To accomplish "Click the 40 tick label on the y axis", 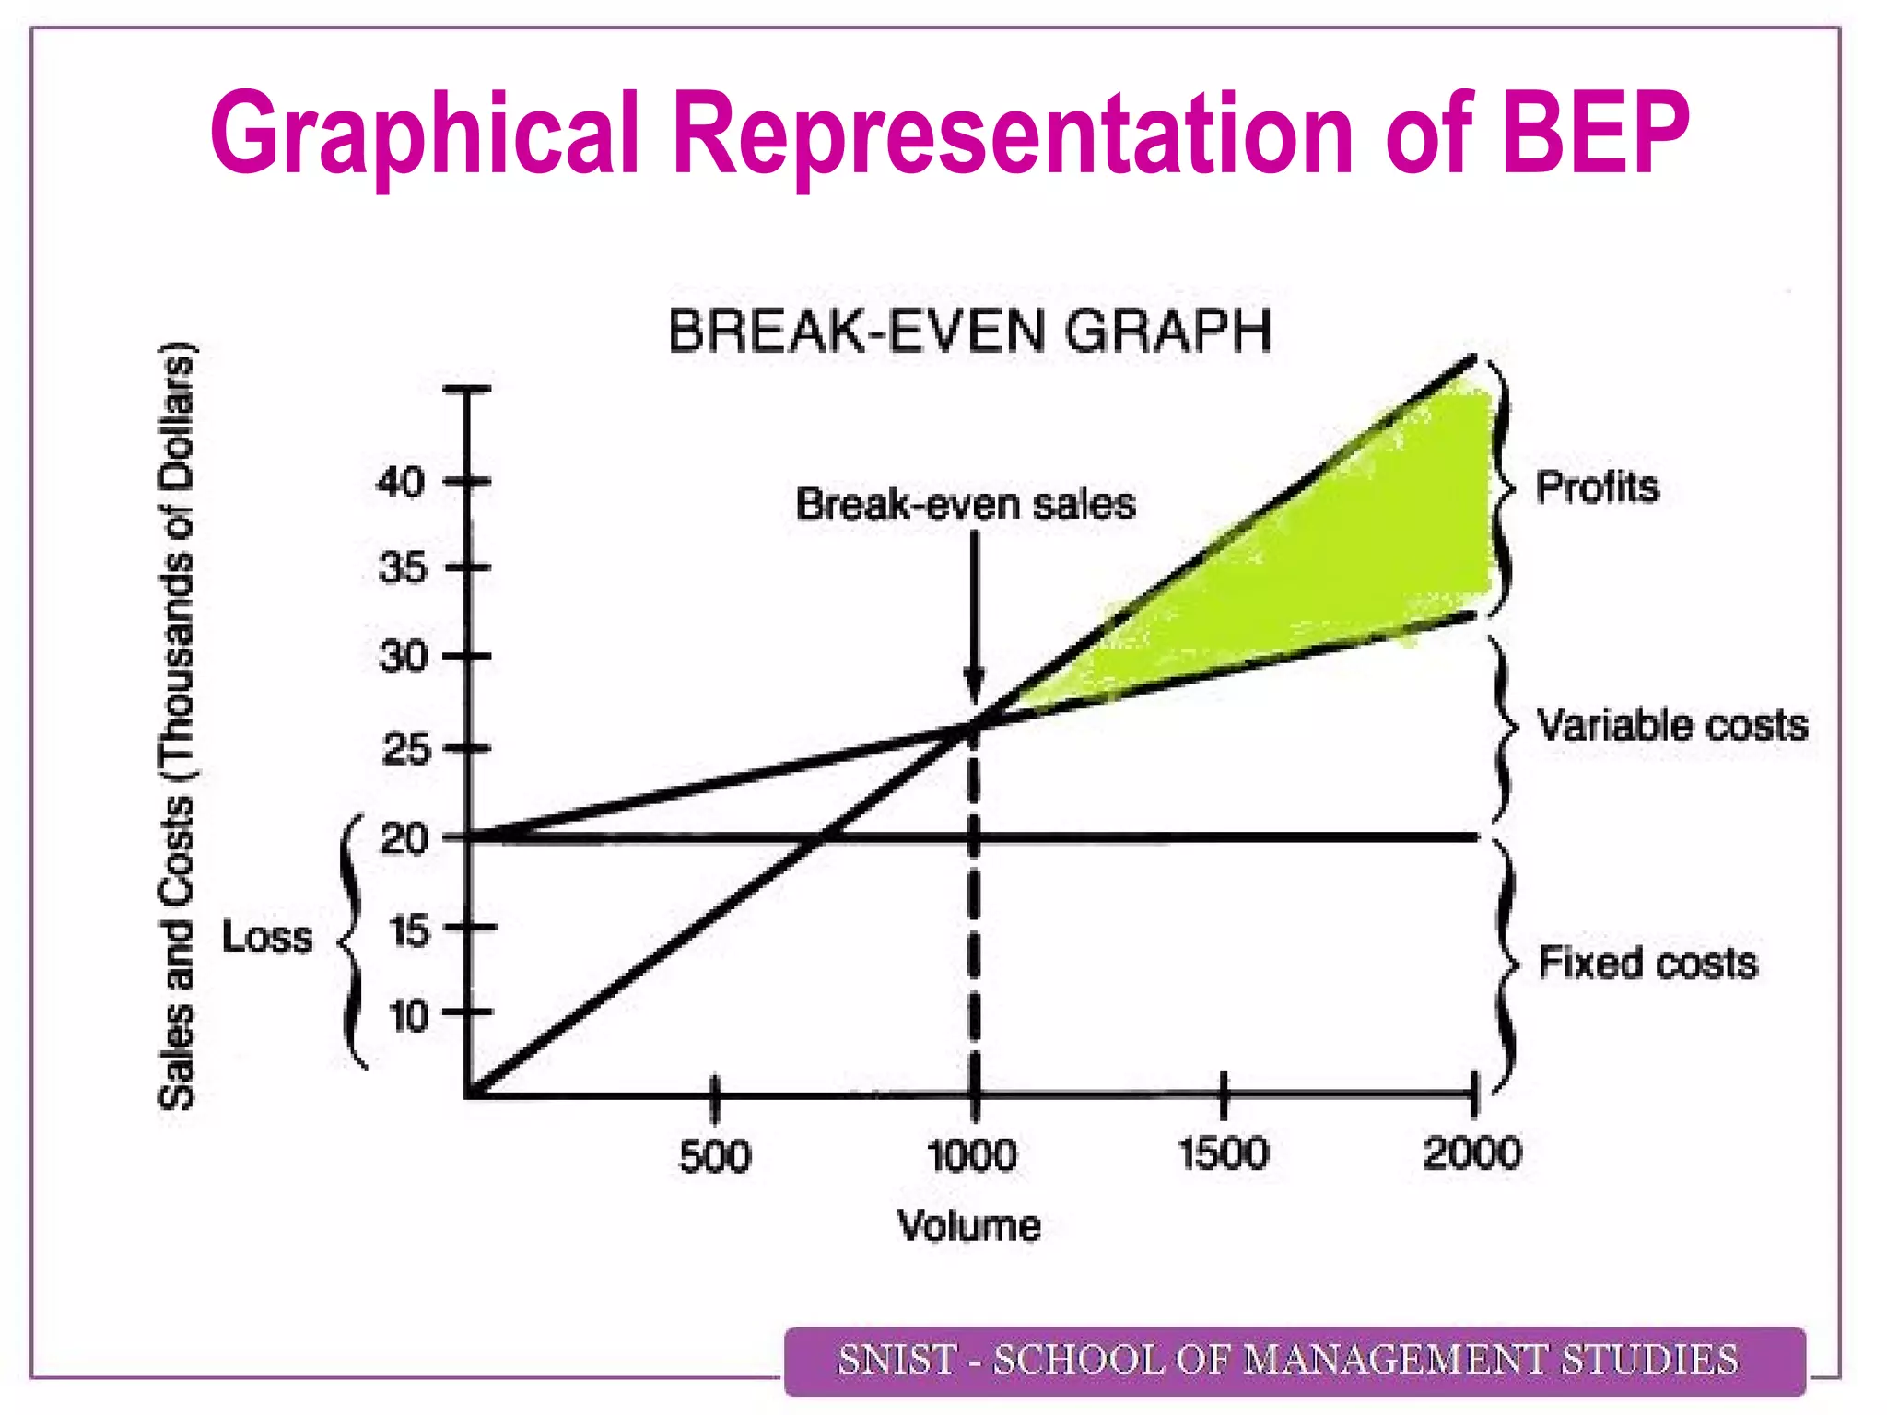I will [x=400, y=482].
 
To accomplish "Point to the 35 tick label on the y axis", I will [x=403, y=567].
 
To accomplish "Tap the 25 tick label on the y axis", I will [x=405, y=750].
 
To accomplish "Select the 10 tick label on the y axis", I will [x=408, y=1017].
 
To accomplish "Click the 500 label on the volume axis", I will [x=715, y=1156].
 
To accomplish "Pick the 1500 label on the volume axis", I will [x=1224, y=1154].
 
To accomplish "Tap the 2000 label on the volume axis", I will [x=1471, y=1153].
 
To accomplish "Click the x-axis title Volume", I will [x=969, y=1226].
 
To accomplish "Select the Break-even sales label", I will [x=966, y=505].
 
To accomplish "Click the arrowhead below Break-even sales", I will [x=974, y=685].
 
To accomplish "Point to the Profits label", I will [x=1597, y=486].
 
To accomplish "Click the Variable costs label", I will [x=1672, y=725].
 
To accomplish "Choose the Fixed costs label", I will [x=1647, y=963].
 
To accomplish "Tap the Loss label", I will [x=267, y=938].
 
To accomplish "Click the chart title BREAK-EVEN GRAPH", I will [x=969, y=332].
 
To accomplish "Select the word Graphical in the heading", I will [x=425, y=134].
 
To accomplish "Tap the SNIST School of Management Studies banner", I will [x=1295, y=1361].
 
